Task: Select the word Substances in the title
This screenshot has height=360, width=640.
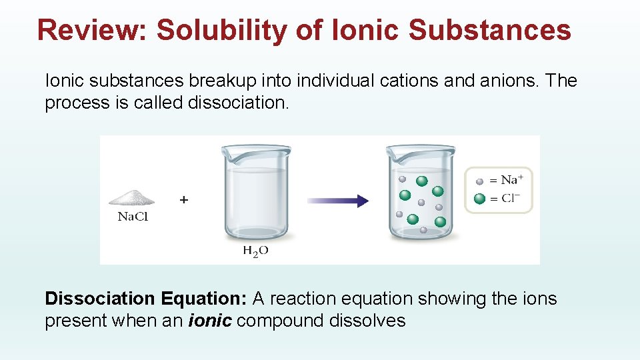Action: coord(490,30)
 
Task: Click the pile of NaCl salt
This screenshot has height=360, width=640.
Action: coord(132,197)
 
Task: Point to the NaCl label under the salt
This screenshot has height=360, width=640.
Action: coord(133,217)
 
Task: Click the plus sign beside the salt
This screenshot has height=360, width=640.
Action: coord(184,199)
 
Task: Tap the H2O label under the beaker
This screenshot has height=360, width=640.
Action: coord(255,251)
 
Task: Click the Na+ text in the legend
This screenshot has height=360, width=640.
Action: coord(512,180)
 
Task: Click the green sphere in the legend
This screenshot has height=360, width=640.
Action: coord(479,199)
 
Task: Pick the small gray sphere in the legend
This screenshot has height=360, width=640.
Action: coord(479,181)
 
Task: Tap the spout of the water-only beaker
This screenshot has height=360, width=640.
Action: coord(227,153)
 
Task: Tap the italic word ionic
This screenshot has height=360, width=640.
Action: coord(211,321)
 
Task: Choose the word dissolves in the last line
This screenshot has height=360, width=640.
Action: coord(367,321)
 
